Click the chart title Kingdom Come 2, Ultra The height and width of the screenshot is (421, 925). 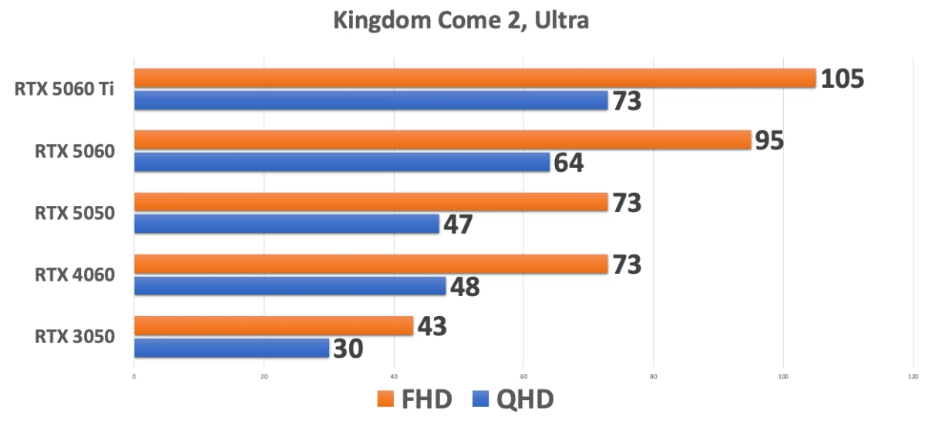click(461, 20)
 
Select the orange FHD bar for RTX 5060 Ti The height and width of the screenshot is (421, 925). click(474, 78)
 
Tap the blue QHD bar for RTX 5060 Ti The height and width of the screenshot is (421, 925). click(371, 100)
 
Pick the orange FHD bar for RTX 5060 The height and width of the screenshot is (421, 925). click(442, 140)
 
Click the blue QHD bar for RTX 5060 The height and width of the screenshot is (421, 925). click(341, 162)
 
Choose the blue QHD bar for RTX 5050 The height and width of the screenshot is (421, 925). click(286, 224)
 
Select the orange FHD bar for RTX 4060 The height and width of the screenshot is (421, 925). click(371, 264)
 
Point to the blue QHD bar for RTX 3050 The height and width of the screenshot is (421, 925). click(231, 348)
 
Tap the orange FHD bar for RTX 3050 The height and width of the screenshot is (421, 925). click(274, 326)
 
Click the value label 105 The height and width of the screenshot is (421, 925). click(842, 79)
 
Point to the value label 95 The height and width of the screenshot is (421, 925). click(769, 140)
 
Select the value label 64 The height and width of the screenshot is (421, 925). click(568, 163)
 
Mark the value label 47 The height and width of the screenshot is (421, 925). click(457, 224)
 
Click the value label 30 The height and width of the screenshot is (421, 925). click(348, 349)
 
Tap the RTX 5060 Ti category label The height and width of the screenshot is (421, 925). click(65, 89)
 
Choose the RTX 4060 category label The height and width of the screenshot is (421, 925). click(75, 274)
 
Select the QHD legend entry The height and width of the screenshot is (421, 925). click(513, 399)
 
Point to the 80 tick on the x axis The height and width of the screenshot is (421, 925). click(653, 377)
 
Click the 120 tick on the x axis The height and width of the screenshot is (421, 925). click(913, 377)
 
